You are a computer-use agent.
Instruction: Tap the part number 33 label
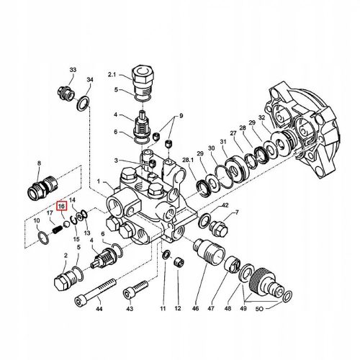pyautogui.click(x=73, y=69)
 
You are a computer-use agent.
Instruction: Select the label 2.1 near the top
pyautogui.click(x=112, y=75)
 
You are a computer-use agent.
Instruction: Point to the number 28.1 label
pyautogui.click(x=189, y=160)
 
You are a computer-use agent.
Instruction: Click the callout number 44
pyautogui.click(x=99, y=308)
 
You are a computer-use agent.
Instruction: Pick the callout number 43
pyautogui.click(x=130, y=308)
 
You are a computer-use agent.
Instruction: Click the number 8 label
pyautogui.click(x=38, y=164)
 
